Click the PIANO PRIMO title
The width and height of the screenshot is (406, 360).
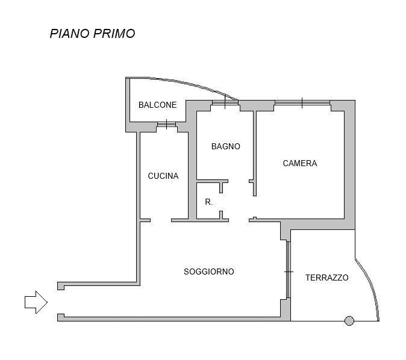tap(92, 34)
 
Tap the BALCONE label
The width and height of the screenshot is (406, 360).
tap(157, 105)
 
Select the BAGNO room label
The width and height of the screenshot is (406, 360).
tap(226, 146)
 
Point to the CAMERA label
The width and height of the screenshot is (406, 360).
tap(300, 163)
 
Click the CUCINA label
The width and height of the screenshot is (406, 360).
tap(163, 176)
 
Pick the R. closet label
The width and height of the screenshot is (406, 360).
tap(208, 202)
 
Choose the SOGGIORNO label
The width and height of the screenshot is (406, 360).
tap(209, 272)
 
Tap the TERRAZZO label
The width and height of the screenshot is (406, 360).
tap(326, 278)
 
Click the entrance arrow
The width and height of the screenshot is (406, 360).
tap(36, 302)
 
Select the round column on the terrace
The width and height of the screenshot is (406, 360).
tap(349, 321)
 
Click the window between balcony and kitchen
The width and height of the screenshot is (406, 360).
tap(166, 125)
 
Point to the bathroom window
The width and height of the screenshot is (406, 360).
tap(225, 102)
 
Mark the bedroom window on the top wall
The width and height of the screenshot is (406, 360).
tap(302, 103)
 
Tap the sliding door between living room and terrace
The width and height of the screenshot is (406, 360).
tap(288, 270)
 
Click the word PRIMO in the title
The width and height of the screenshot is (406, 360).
tap(114, 34)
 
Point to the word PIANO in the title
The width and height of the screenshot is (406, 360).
tap(70, 34)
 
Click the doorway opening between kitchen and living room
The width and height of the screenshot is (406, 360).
tap(161, 220)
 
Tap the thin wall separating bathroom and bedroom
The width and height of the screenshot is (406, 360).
tap(255, 154)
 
